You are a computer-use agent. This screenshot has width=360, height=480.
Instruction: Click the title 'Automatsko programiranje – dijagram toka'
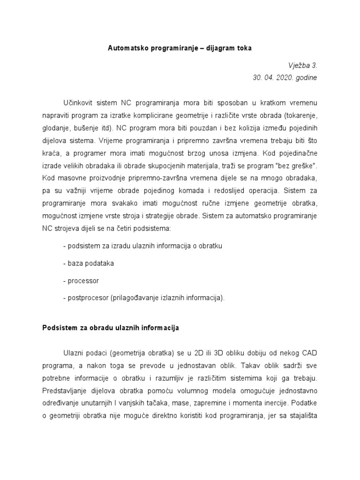180,48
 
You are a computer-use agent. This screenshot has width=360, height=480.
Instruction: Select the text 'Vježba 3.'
302,66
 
